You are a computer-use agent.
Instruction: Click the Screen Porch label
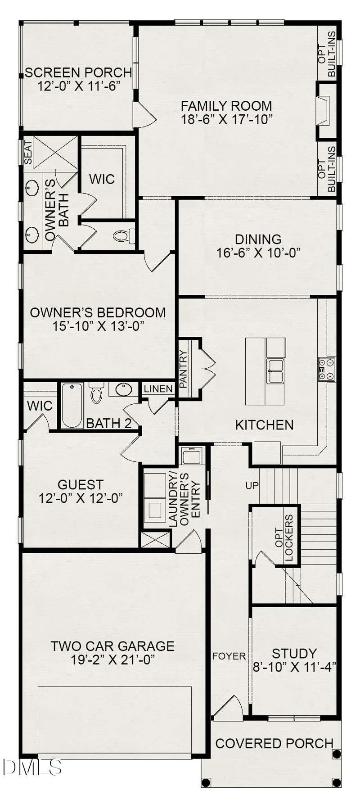click(78, 72)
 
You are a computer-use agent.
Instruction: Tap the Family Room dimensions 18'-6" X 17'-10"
click(226, 119)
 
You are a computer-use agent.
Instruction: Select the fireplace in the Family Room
click(324, 111)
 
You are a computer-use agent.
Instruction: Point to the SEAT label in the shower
click(28, 153)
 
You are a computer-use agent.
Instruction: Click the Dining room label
click(258, 239)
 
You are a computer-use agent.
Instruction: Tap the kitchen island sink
click(275, 371)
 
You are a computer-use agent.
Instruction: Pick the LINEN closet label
click(158, 389)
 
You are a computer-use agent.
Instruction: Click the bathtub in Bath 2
click(72, 405)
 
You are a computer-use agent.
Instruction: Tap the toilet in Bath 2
click(96, 393)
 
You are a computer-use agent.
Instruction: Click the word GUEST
click(81, 485)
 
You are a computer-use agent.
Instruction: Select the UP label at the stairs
click(252, 486)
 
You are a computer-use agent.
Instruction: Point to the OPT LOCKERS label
click(284, 538)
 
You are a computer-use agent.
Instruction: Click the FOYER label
click(229, 656)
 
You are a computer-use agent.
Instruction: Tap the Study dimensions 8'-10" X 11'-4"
click(294, 667)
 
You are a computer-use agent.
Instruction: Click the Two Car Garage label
click(112, 646)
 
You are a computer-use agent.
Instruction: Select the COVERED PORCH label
click(274, 744)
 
